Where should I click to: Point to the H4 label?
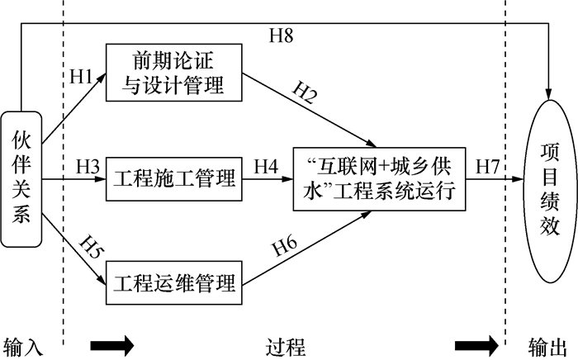(265, 166)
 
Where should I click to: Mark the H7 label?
(486, 166)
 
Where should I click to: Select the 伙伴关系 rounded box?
(21, 178)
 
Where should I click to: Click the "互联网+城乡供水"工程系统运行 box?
(379, 178)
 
